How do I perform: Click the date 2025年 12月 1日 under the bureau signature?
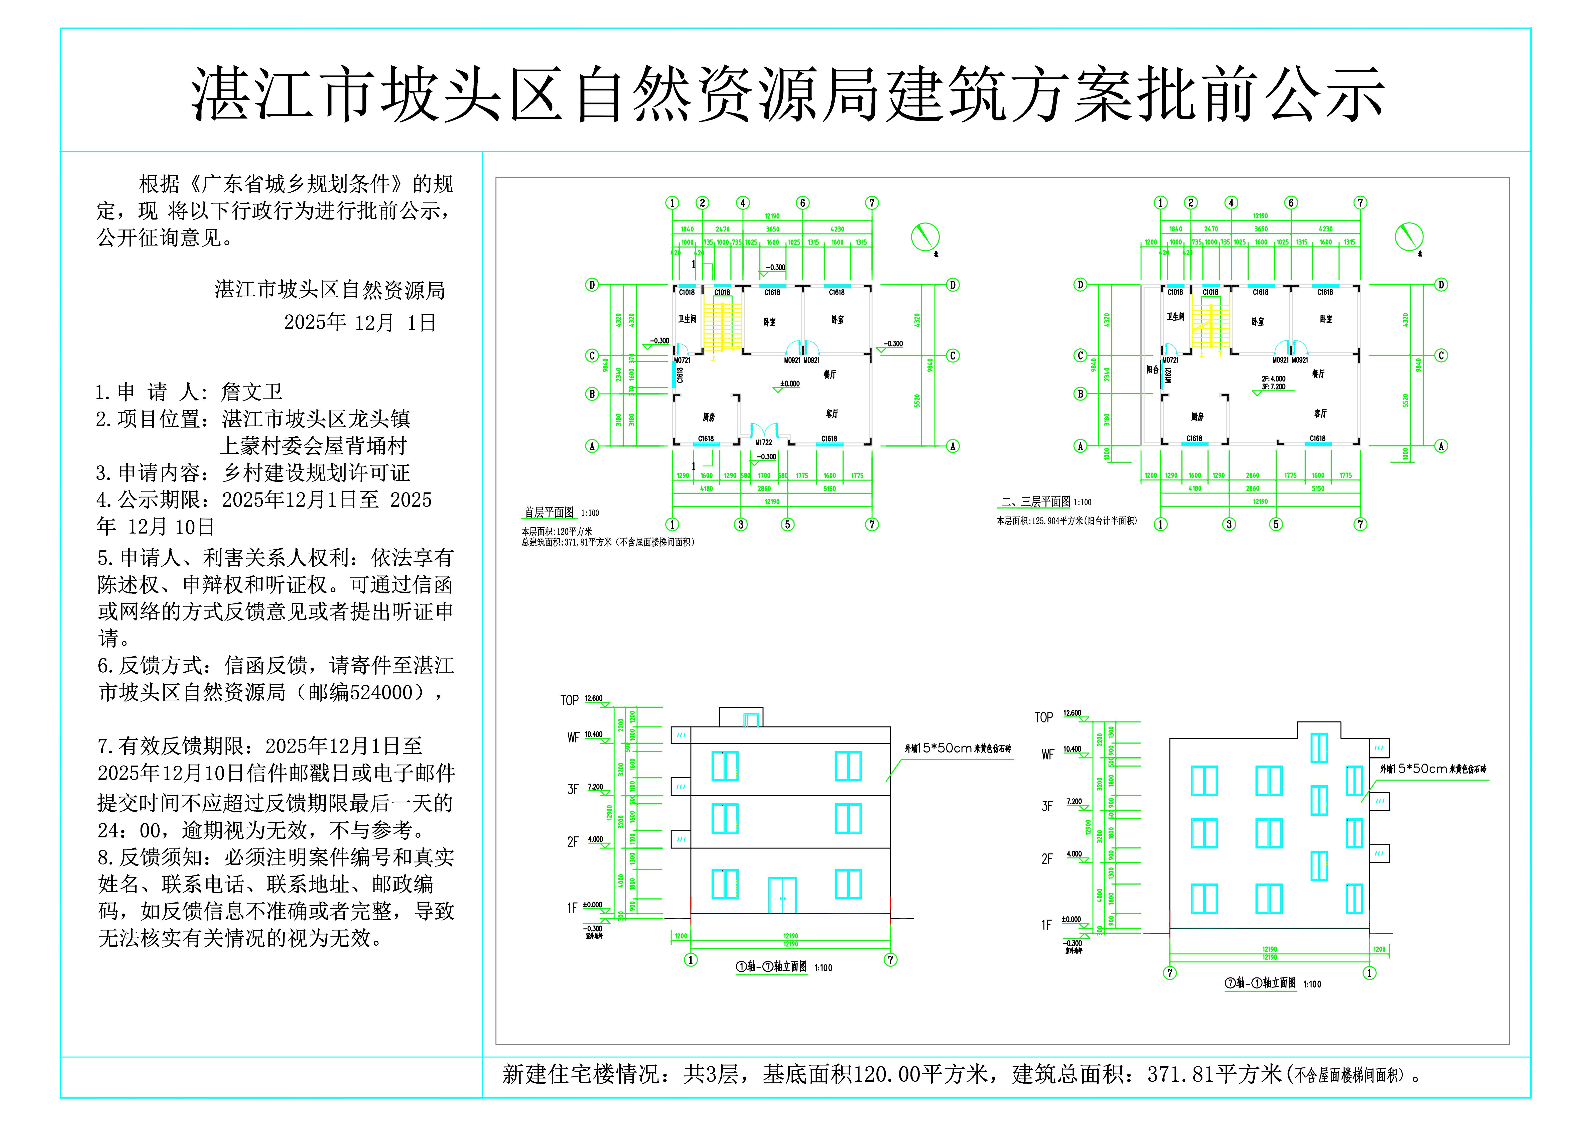point(360,322)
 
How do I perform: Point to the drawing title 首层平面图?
point(549,512)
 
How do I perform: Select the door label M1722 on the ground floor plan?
point(764,442)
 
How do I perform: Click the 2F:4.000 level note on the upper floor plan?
point(1274,379)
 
